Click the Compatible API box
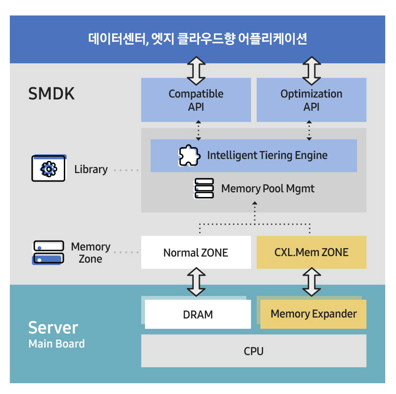(196, 100)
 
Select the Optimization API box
(311, 100)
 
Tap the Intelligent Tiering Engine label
(267, 155)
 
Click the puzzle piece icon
(190, 155)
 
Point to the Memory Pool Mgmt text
(267, 189)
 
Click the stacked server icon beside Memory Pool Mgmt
(204, 189)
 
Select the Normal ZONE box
(196, 253)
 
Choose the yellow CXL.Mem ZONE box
(311, 253)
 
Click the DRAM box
(198, 314)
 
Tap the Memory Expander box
(313, 314)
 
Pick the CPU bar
(253, 351)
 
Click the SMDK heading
(51, 94)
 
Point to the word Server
(53, 327)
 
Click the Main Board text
(56, 344)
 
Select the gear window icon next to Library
(49, 168)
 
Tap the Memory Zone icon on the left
(48, 252)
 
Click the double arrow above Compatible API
(196, 70)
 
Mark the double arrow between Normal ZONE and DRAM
(196, 282)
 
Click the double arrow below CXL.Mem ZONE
(311, 282)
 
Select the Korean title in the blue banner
(198, 38)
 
